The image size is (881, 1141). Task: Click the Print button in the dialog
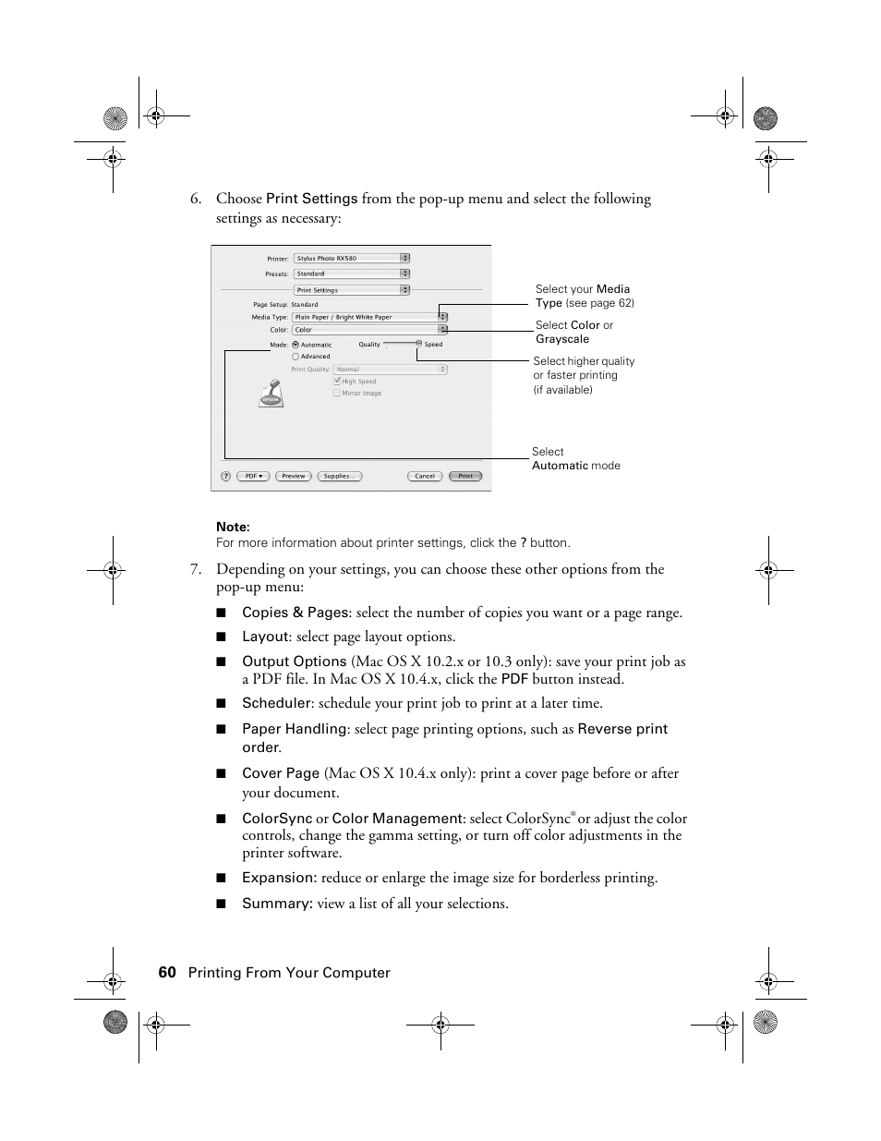[465, 476]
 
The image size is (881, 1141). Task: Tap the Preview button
[293, 476]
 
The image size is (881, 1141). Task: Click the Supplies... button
[338, 476]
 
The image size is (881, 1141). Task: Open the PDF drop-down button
[253, 476]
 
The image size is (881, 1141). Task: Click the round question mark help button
[225, 476]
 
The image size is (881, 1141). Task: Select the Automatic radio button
[296, 345]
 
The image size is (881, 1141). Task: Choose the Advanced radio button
[296, 356]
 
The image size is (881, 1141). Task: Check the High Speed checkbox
[337, 381]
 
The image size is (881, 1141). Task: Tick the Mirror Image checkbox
[337, 393]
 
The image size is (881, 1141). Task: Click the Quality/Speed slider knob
[418, 343]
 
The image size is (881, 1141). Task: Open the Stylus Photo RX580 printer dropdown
[351, 259]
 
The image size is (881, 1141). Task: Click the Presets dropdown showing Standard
[351, 273]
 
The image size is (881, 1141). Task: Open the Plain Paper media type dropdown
[369, 317]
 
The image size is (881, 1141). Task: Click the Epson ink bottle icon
[271, 394]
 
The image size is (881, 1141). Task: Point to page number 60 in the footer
[166, 972]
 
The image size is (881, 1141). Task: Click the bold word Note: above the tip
[233, 527]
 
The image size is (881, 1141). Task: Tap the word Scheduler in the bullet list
[276, 703]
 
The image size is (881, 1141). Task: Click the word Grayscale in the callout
[562, 339]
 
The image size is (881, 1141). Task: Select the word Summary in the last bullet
[276, 904]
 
